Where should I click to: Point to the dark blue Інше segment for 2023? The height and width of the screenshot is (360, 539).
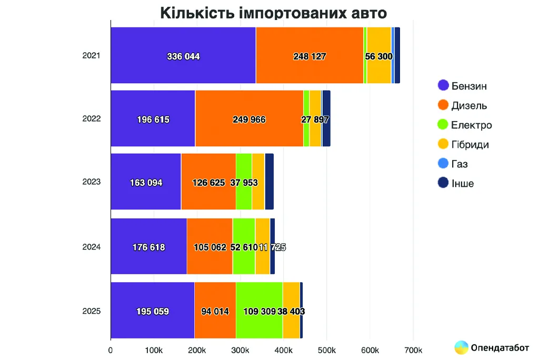pos(269,182)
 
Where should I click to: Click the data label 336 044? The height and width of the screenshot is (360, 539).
pos(183,56)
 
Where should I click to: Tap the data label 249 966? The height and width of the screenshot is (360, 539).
pos(249,119)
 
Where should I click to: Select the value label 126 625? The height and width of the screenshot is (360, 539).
pos(208,183)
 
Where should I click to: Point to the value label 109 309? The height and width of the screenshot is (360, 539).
pos(260,311)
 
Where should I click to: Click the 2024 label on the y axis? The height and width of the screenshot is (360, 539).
pos(91,246)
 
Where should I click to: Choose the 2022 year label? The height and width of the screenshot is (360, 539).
pos(91,118)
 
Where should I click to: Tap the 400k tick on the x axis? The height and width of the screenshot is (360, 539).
pos(283,350)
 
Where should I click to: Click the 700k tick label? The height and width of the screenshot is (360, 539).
pos(413,350)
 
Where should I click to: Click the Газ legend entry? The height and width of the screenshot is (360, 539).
pos(460,164)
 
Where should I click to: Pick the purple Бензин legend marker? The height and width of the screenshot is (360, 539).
pos(443,85)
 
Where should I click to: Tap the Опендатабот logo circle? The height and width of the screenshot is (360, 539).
pos(462,347)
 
